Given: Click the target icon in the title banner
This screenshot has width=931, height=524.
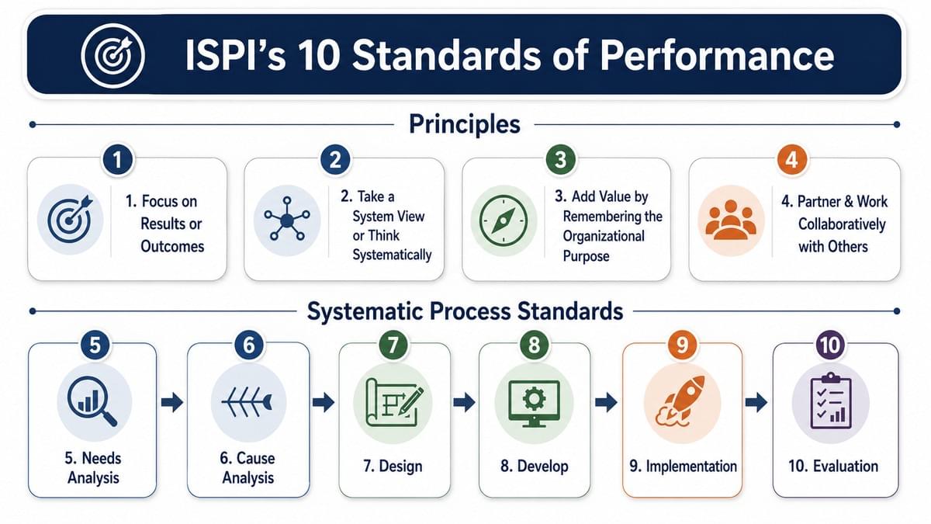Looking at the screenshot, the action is click(112, 56).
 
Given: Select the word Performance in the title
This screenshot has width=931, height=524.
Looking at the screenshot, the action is click(717, 56).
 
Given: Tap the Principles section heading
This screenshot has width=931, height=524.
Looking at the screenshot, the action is click(464, 124).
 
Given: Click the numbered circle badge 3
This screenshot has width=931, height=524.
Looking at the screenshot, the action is click(561, 160).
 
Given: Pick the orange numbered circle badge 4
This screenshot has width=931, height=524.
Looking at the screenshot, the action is click(792, 160).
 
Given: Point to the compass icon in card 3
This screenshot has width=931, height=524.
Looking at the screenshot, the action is click(504, 220).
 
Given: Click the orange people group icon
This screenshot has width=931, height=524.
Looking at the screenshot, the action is click(731, 220).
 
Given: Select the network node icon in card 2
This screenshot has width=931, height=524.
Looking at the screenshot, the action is click(287, 219).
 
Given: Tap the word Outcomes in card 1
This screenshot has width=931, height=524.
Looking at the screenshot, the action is click(172, 246).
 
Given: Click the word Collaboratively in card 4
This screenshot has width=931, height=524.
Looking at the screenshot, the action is click(842, 224).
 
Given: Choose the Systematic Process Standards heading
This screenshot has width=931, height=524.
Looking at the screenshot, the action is click(465, 311).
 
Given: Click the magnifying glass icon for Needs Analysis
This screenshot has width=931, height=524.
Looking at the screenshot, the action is click(92, 401).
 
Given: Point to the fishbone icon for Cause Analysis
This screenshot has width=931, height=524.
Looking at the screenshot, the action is click(247, 402).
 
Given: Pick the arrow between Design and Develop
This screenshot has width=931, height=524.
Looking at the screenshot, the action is click(464, 402).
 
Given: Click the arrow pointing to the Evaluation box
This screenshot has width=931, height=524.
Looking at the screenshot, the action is click(756, 402).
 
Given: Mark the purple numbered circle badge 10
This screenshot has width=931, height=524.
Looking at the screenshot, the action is click(830, 345).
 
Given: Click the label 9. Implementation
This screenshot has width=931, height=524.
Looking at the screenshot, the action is click(683, 467).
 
